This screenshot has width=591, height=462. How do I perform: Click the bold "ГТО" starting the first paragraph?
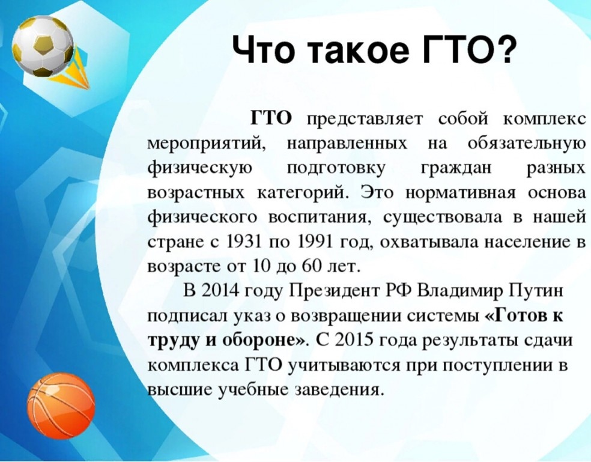pos(271,119)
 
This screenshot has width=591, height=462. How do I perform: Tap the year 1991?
pos(315,242)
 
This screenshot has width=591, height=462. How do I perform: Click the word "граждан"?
pos(456,169)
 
